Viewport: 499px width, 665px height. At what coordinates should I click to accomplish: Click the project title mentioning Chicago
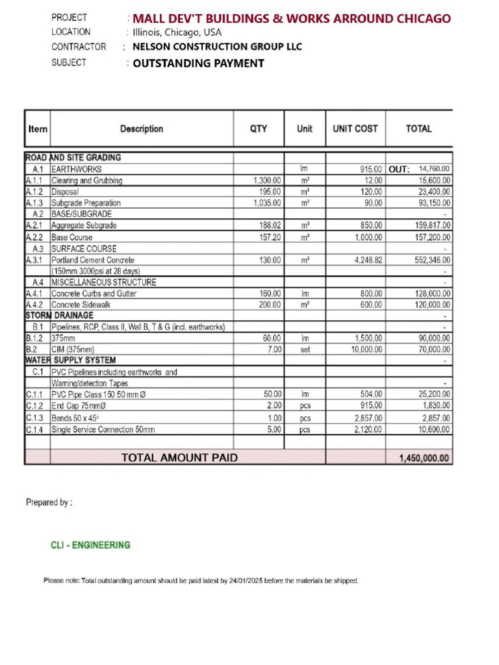[x=291, y=18]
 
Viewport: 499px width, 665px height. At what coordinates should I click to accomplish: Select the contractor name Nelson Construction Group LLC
[x=217, y=47]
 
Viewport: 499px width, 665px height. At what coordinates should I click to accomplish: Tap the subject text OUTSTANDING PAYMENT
[x=198, y=63]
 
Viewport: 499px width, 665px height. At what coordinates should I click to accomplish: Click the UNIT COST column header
[x=355, y=129]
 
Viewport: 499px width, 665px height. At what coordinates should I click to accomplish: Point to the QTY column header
[x=259, y=129]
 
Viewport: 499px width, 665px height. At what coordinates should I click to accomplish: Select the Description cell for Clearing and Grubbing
[x=87, y=181]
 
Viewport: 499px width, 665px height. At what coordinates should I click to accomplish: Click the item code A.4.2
[x=36, y=305]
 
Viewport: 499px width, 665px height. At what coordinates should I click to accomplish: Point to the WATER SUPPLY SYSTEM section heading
[x=70, y=360]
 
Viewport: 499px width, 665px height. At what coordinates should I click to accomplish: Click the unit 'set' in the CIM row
[x=305, y=349]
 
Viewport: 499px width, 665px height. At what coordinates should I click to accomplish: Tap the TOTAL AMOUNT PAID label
[x=179, y=458]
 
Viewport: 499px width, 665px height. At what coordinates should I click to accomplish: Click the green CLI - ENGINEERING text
[x=90, y=546]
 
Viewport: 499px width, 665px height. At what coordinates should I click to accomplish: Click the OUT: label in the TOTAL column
[x=399, y=169]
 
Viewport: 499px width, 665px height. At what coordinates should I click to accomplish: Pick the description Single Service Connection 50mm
[x=103, y=429]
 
